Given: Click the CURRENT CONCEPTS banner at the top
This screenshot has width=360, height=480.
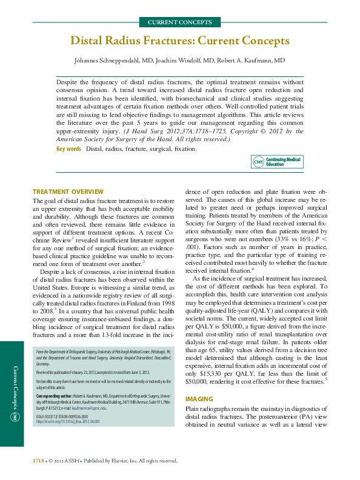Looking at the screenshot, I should (x=180, y=22).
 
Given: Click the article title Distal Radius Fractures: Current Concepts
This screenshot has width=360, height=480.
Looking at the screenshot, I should (x=180, y=41).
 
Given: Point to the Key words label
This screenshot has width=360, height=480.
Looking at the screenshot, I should (x=68, y=148).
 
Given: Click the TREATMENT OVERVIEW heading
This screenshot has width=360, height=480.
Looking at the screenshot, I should (x=68, y=192).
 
